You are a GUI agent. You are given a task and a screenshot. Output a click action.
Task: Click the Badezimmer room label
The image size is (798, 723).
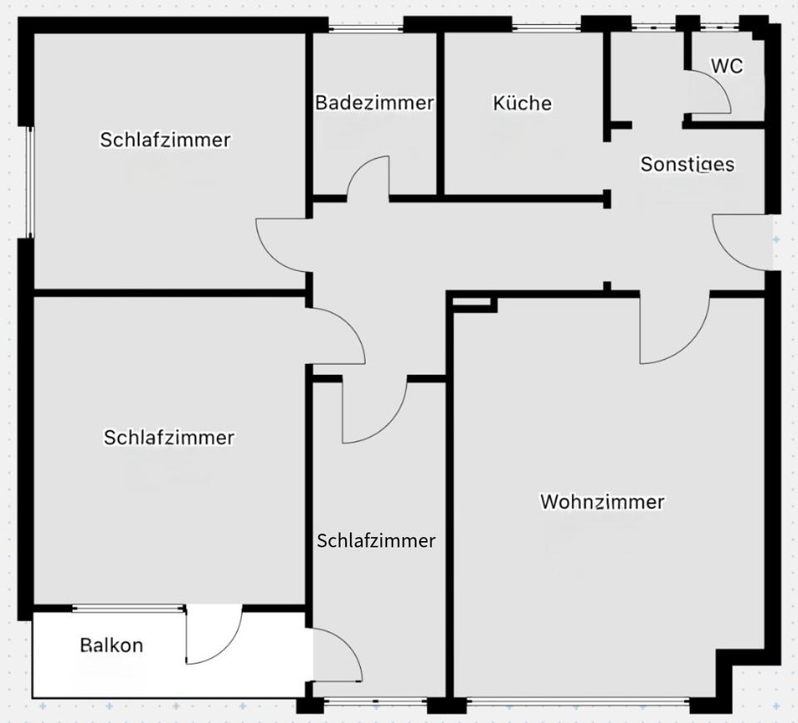(374, 103)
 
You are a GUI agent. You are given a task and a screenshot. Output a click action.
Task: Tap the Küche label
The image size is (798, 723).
(522, 103)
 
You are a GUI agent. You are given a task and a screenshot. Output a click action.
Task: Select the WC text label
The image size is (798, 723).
(727, 66)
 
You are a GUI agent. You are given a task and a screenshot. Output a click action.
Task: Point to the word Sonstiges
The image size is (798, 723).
(687, 165)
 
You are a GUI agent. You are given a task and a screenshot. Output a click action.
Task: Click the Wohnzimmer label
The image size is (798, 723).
(602, 502)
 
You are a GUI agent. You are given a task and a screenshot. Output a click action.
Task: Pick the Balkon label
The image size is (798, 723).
(111, 645)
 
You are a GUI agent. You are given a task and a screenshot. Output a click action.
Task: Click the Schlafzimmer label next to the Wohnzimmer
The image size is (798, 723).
(376, 541)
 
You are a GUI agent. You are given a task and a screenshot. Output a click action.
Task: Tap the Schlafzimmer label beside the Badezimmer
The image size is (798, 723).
(165, 140)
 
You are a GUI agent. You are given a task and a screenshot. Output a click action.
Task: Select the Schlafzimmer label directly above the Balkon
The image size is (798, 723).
(169, 437)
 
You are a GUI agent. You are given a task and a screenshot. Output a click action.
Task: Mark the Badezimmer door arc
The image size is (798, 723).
(368, 176)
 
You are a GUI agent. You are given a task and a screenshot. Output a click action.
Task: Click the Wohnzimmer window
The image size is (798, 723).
(578, 703)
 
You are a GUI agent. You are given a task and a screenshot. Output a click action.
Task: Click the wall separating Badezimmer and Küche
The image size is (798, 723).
(440, 113)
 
